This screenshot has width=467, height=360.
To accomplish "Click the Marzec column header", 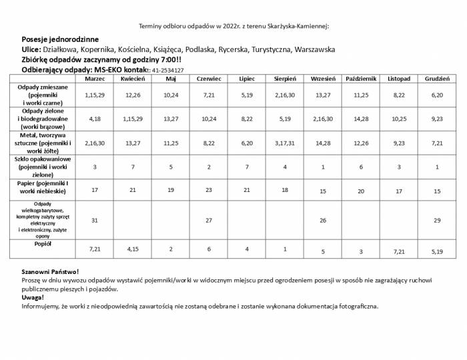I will click(x=95, y=79).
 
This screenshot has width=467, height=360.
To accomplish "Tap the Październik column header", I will click(x=361, y=79).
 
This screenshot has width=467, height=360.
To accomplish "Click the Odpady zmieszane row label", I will click(x=41, y=95).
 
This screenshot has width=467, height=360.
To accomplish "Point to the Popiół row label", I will click(x=43, y=244).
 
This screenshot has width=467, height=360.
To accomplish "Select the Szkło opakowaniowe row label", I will click(x=43, y=167).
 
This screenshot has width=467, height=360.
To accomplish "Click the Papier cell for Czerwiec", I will click(x=208, y=191).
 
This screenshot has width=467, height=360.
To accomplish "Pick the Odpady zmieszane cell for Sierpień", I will click(x=285, y=96).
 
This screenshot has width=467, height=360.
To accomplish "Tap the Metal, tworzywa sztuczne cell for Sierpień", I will click(x=285, y=143).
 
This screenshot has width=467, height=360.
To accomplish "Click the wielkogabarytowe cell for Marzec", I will click(x=95, y=220).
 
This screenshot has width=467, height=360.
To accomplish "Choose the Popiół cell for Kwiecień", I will click(x=133, y=249).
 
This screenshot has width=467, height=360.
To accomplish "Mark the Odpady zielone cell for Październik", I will click(x=361, y=119).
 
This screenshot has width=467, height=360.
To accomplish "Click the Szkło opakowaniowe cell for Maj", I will click(x=170, y=167).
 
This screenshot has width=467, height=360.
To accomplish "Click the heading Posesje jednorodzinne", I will click(x=60, y=39).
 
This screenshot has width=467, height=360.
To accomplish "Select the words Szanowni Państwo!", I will click(x=50, y=272).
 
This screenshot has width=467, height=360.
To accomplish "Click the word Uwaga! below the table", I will click(x=33, y=298).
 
